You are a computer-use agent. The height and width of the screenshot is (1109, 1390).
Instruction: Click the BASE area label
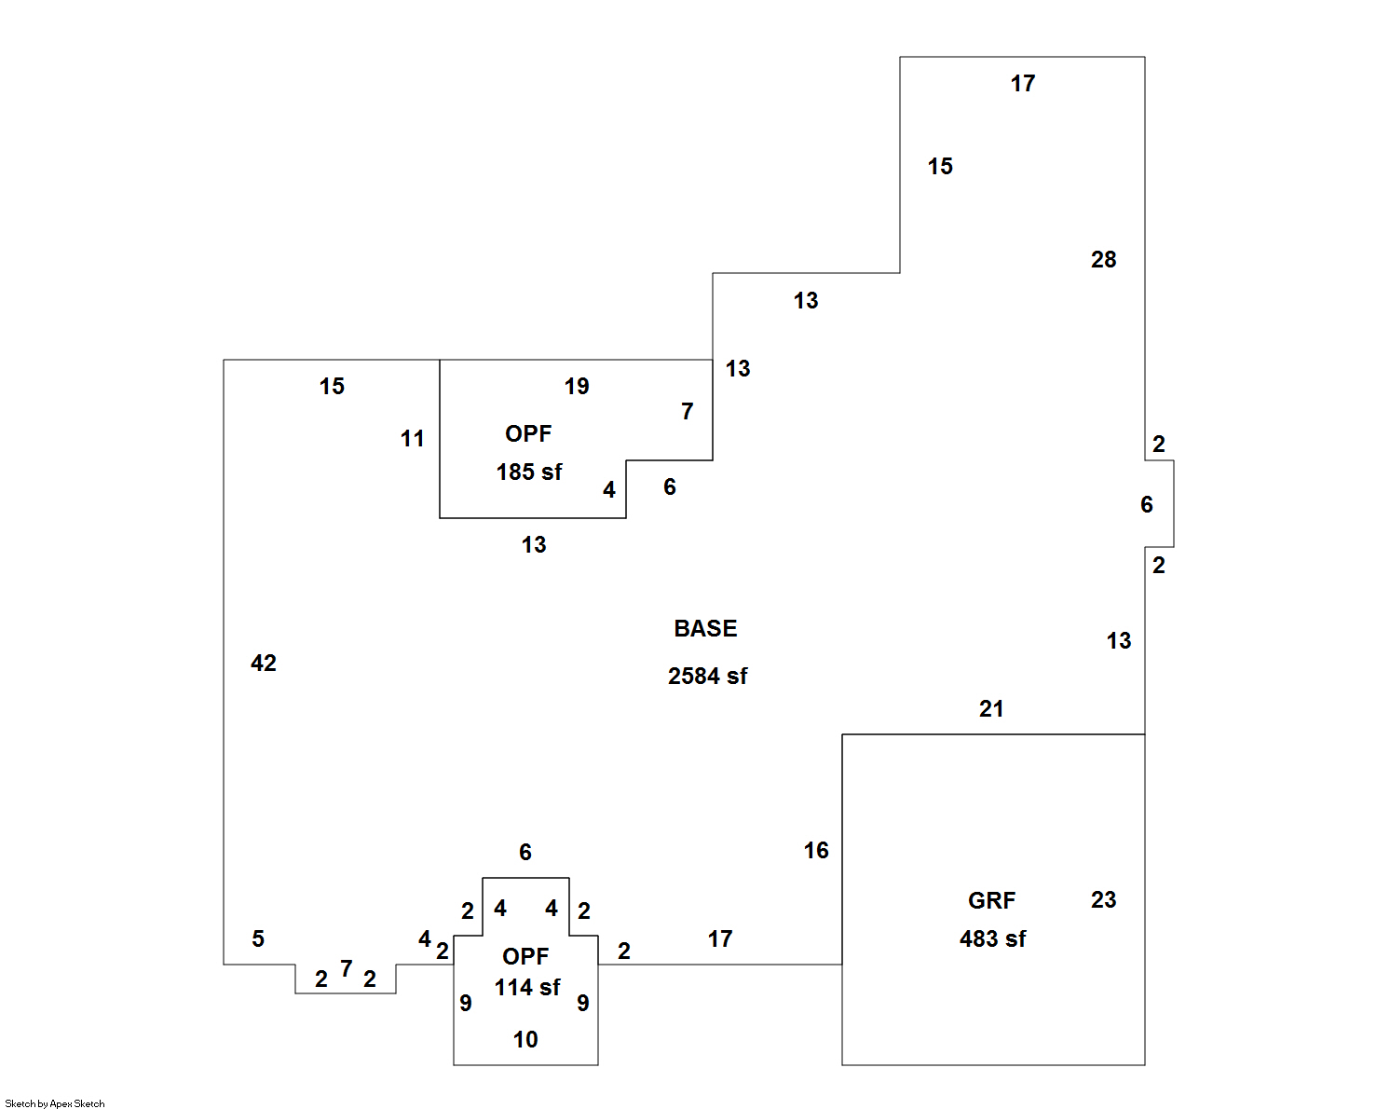(x=705, y=629)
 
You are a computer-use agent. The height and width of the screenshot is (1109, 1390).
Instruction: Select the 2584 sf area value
(x=707, y=677)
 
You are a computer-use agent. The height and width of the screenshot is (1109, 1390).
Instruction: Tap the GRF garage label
(x=991, y=901)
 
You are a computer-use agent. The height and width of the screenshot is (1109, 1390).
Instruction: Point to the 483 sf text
(x=992, y=939)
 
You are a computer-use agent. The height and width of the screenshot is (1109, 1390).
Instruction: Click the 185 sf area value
(x=528, y=472)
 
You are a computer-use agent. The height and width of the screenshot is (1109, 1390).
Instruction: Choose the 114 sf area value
(x=527, y=988)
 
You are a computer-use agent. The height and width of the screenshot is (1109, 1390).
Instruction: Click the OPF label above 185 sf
(x=528, y=434)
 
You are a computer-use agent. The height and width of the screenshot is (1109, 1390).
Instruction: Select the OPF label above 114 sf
(x=525, y=957)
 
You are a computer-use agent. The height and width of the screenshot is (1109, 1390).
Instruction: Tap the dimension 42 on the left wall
(x=264, y=664)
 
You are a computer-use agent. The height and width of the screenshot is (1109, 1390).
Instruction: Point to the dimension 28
(x=1103, y=260)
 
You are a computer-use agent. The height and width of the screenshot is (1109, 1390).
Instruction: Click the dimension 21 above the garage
(x=991, y=709)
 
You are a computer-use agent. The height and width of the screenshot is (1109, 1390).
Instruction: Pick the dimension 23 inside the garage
(x=1103, y=900)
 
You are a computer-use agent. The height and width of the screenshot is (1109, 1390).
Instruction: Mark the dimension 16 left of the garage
(x=816, y=851)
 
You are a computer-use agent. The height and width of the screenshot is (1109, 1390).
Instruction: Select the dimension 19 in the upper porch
(x=577, y=387)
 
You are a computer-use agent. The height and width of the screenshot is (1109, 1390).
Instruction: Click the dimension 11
(x=413, y=439)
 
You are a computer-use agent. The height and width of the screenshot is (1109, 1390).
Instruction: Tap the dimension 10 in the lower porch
(x=525, y=1040)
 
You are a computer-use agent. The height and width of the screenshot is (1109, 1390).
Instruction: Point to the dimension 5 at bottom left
(x=258, y=939)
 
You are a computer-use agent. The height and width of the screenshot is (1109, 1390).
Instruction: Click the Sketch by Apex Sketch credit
(x=55, y=1103)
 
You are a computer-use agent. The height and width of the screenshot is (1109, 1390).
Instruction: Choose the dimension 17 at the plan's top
(x=1022, y=84)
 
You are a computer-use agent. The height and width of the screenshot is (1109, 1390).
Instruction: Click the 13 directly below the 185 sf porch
(x=534, y=545)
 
